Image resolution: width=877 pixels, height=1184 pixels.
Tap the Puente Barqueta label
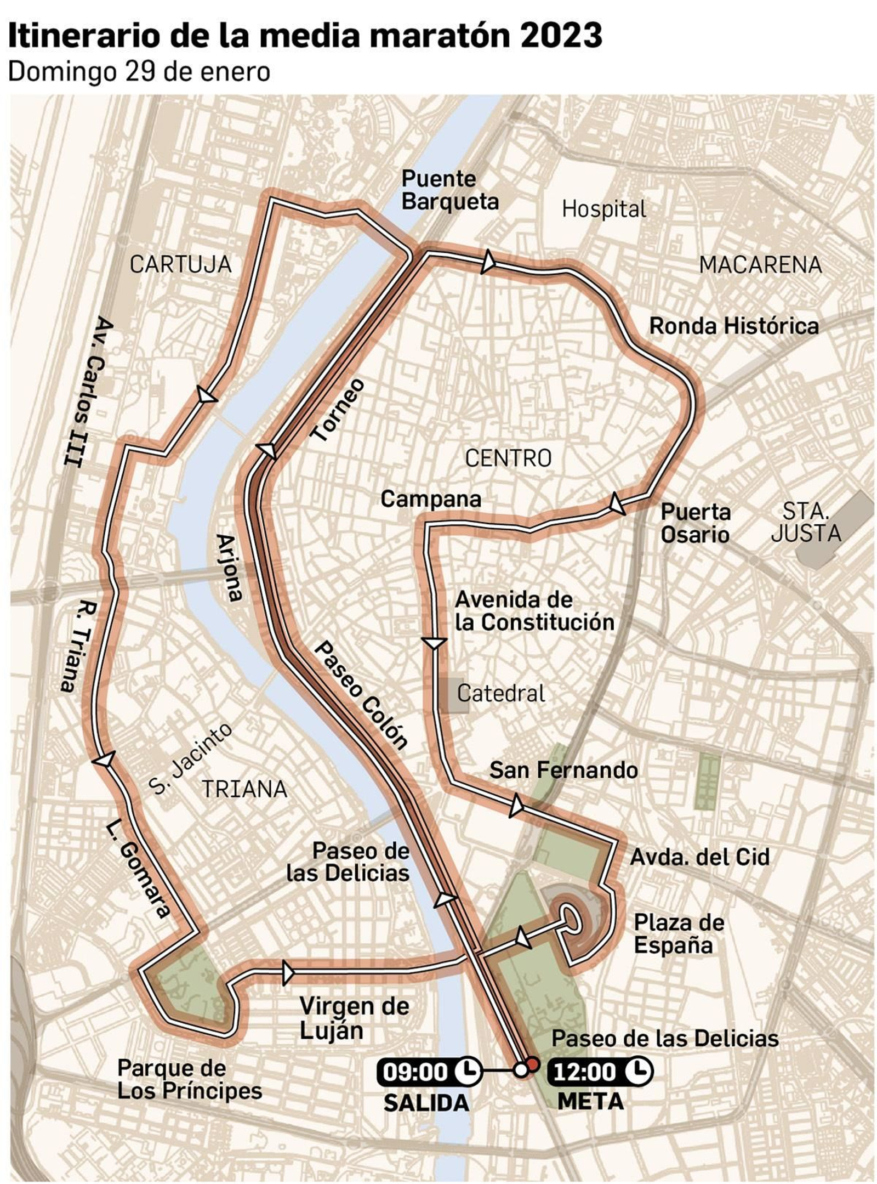tap(449, 190)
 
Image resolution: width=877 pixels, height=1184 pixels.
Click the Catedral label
tap(500, 694)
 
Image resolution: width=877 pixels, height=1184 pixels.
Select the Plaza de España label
tap(679, 934)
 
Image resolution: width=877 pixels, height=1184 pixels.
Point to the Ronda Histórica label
tap(733, 326)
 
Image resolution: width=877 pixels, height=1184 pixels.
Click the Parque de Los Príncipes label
tap(189, 1079)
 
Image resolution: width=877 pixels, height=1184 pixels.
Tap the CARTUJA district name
tap(180, 265)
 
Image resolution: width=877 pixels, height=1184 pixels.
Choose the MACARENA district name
tap(760, 265)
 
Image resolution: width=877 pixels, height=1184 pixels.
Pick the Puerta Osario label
tap(695, 523)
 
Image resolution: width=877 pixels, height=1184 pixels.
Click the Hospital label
tap(603, 209)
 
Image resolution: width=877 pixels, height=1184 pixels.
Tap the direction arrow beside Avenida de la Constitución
tap(434, 643)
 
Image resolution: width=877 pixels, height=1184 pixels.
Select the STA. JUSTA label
tap(805, 522)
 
